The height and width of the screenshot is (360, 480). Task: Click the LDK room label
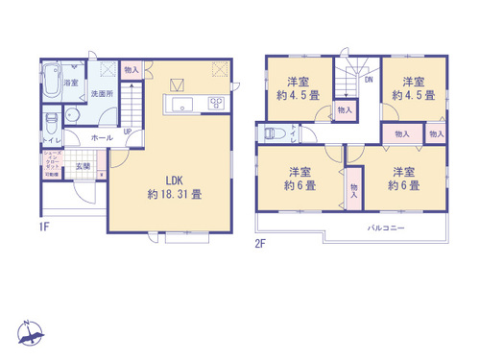click(174, 180)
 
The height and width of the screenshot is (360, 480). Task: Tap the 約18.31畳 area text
click(174, 194)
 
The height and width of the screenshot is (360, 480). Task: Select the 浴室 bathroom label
click(71, 84)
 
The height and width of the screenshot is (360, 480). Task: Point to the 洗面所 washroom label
click(102, 94)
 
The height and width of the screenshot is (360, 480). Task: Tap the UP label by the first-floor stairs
click(127, 132)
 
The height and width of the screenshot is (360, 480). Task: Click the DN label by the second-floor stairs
click(368, 81)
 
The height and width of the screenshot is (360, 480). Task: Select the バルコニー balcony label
click(387, 228)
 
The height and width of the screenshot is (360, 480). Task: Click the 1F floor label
click(44, 227)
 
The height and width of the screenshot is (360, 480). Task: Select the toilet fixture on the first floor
click(52, 122)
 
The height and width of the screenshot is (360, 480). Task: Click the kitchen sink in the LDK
click(181, 105)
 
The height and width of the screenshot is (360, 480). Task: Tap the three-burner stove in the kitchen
click(217, 105)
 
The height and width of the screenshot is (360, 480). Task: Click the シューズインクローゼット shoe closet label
click(50, 163)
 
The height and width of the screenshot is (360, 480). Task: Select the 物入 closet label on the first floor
click(132, 69)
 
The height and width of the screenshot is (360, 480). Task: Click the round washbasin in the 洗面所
click(70, 114)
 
